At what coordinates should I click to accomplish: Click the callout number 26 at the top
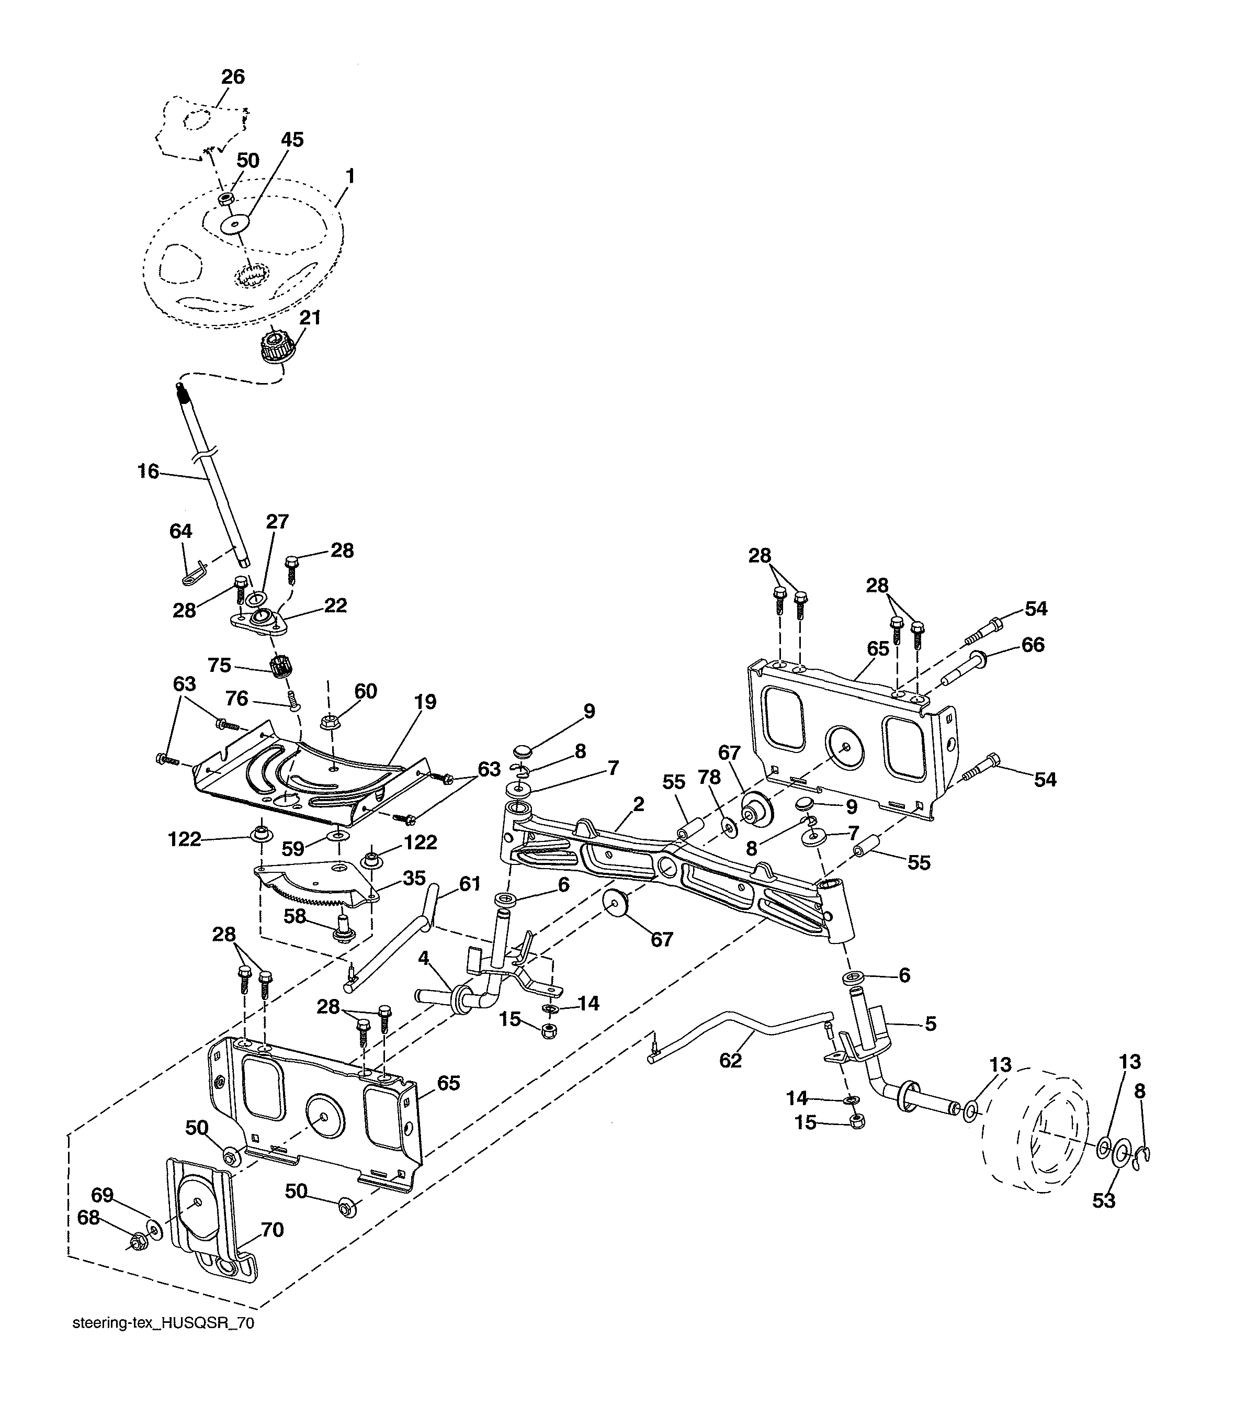pyautogui.click(x=233, y=77)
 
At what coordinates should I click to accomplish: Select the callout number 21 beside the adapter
pyautogui.click(x=310, y=318)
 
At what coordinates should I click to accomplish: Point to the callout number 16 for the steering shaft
pyautogui.click(x=148, y=472)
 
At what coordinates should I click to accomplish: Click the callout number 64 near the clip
pyautogui.click(x=181, y=531)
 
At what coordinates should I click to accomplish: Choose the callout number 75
pyautogui.click(x=220, y=665)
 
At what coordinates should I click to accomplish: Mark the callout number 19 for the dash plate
pyautogui.click(x=425, y=702)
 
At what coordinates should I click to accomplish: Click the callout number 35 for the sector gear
pyautogui.click(x=414, y=879)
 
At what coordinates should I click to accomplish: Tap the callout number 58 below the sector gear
pyautogui.click(x=295, y=916)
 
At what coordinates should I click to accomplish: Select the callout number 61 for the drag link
pyautogui.click(x=470, y=883)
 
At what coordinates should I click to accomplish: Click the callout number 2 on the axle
pyautogui.click(x=638, y=804)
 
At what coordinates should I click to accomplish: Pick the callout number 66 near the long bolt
pyautogui.click(x=1033, y=645)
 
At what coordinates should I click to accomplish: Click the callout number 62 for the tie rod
pyautogui.click(x=730, y=1061)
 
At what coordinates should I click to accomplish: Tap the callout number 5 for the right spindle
pyautogui.click(x=930, y=1023)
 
